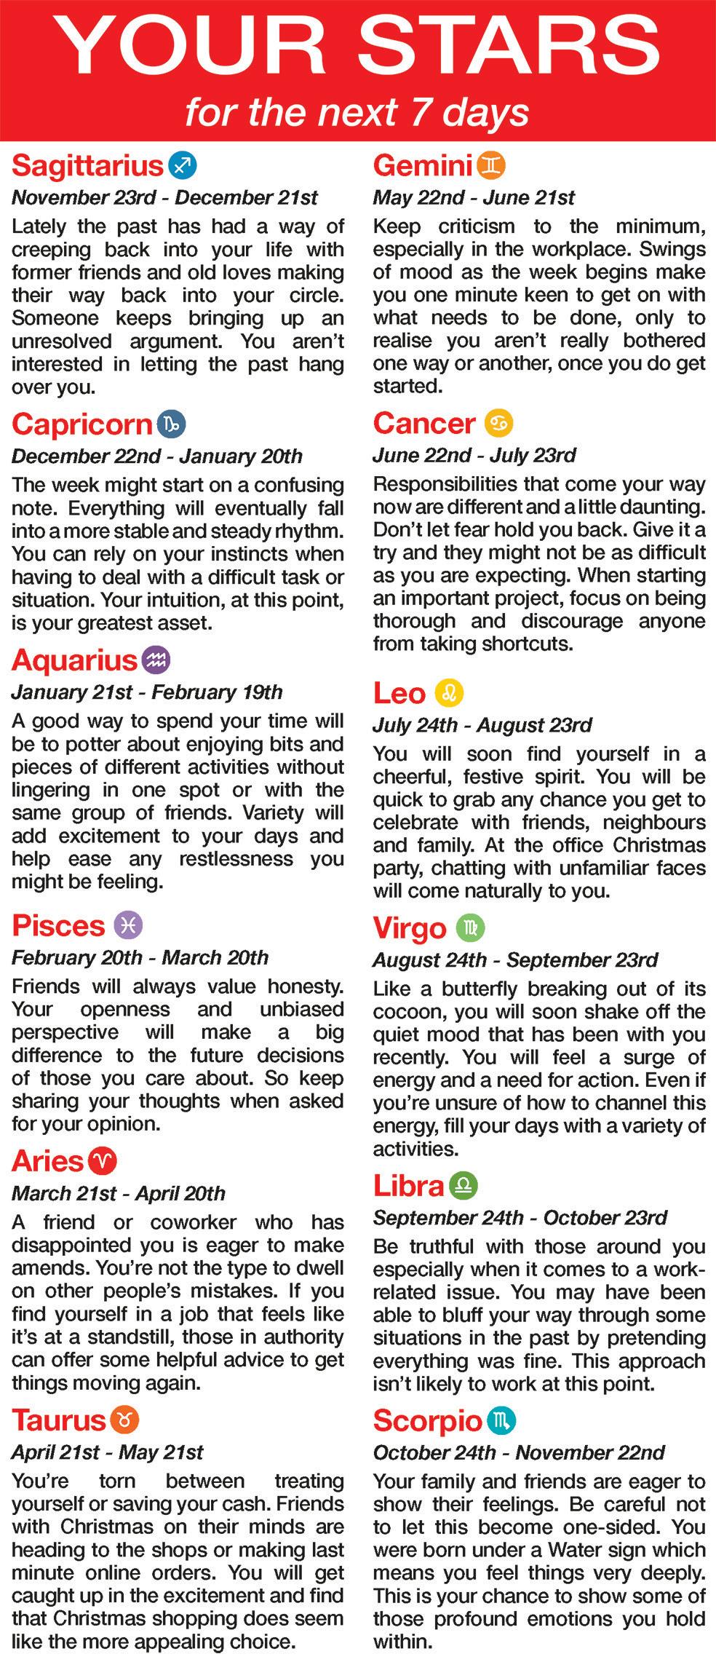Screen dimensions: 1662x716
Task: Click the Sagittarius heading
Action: click(87, 166)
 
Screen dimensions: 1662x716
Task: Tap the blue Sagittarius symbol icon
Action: click(182, 165)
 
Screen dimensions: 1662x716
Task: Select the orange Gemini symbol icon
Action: click(491, 165)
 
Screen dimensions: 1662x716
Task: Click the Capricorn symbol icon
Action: click(172, 424)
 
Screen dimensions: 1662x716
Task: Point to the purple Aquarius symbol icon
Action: click(156, 660)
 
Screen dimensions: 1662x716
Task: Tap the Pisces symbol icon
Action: click(128, 925)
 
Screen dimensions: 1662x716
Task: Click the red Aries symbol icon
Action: click(103, 1161)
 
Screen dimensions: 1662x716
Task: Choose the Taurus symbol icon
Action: click(124, 1420)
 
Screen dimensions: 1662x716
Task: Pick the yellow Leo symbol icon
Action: click(449, 693)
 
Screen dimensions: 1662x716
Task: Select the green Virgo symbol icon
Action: click(470, 927)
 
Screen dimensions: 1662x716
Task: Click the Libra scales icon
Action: click(464, 1186)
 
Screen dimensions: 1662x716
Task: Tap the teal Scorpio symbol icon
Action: click(502, 1420)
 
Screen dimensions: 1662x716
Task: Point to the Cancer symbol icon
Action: click(499, 423)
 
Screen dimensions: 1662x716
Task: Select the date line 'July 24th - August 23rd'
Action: click(482, 725)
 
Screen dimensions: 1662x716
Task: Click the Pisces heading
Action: click(59, 926)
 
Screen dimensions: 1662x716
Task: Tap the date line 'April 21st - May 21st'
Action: click(107, 1452)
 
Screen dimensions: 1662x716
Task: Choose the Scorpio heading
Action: click(428, 1420)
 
